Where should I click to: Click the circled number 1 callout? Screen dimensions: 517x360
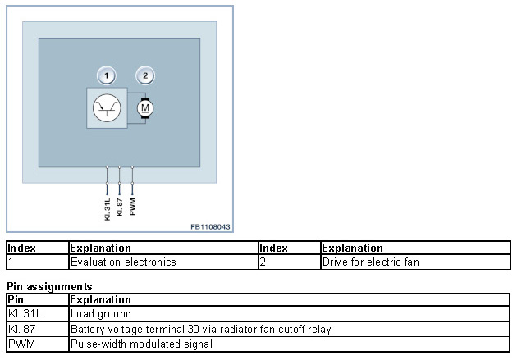106,76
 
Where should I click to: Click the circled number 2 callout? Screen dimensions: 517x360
145,76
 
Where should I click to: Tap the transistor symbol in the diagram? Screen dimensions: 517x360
107,107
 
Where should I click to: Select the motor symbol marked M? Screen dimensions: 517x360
145,107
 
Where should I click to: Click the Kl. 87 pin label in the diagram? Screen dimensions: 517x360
120,205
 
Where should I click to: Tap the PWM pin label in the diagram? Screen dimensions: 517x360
133,205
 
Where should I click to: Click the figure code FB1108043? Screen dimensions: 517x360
210,226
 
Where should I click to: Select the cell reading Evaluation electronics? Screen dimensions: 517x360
123,262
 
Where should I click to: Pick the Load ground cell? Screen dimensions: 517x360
101,314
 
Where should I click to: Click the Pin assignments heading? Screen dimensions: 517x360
49,287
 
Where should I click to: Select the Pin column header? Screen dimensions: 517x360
16,299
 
